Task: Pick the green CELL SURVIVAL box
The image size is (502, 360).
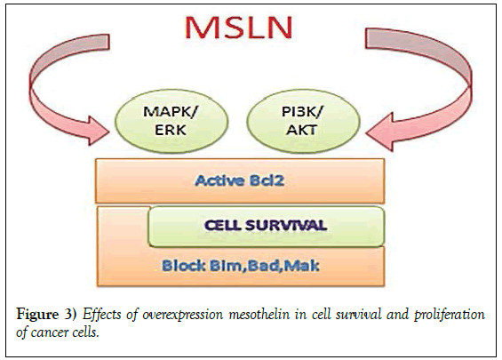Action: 266,226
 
